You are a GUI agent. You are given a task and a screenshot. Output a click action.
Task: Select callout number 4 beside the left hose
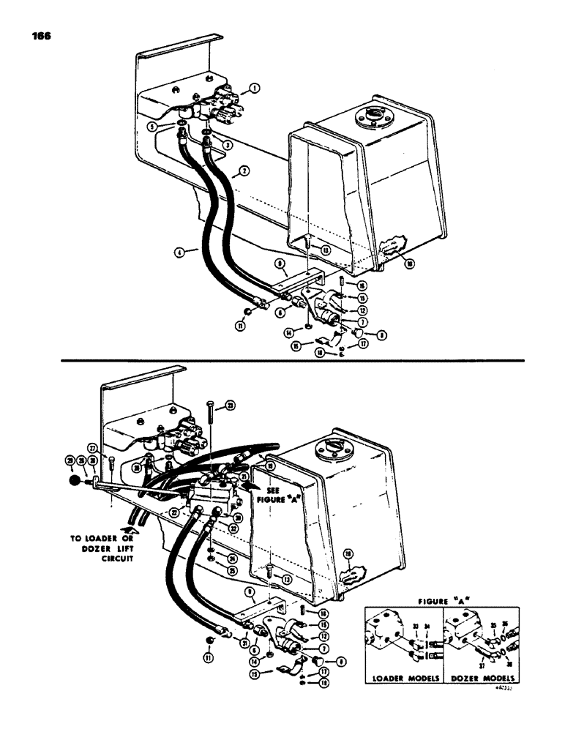click(179, 251)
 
